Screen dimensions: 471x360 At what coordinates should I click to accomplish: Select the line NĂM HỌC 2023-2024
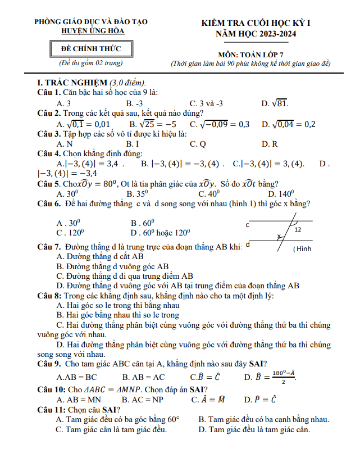(x=256, y=34)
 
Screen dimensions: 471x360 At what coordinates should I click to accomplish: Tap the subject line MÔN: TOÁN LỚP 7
(x=250, y=55)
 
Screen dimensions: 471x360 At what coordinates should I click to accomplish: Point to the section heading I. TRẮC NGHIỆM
(x=69, y=82)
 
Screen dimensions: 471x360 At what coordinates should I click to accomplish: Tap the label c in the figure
(x=247, y=225)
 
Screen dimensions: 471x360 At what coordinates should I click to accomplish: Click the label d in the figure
(x=248, y=244)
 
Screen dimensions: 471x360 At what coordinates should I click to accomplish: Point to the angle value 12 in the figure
(x=298, y=230)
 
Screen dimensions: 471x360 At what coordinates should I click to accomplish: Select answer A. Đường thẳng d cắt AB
(x=100, y=257)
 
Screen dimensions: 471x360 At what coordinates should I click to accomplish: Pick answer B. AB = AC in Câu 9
(x=143, y=377)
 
